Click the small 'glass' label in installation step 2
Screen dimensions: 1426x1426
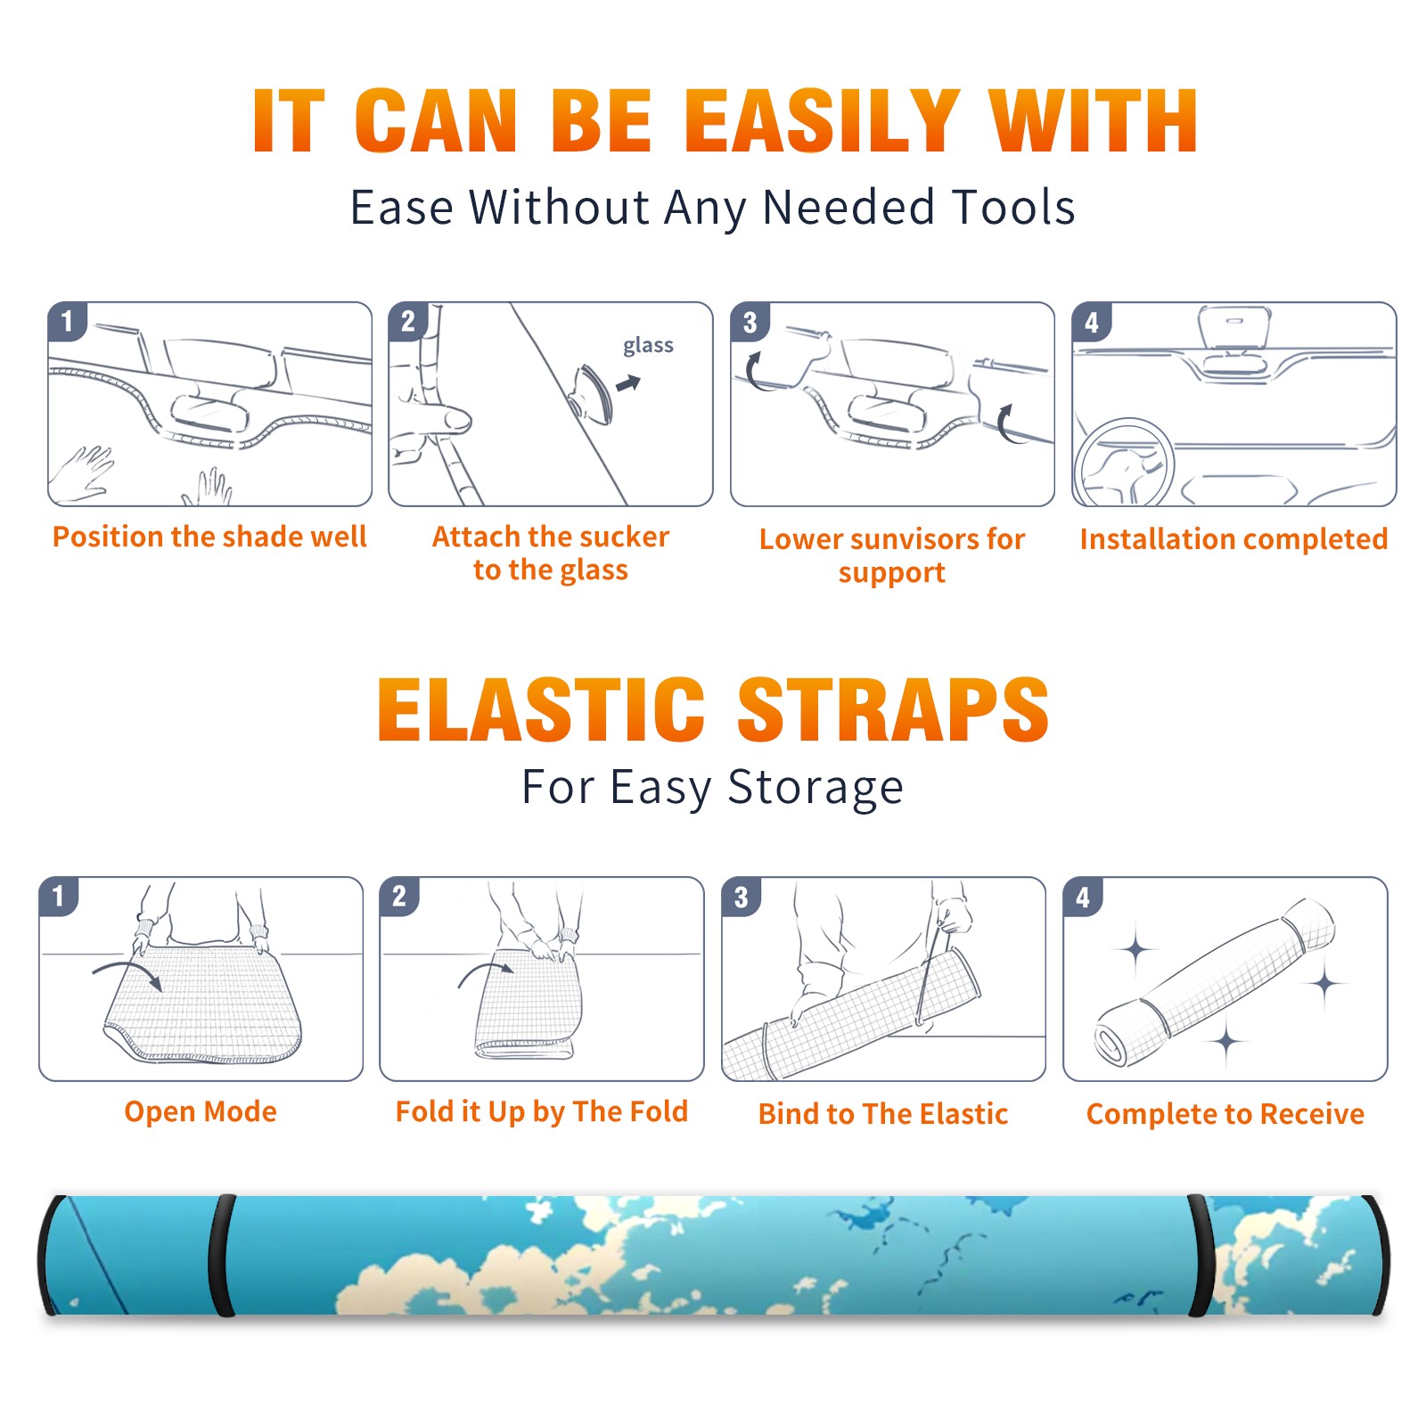(648, 346)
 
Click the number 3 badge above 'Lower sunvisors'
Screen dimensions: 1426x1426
(750, 322)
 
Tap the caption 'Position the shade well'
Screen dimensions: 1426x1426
(209, 537)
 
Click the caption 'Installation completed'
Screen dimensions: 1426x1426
(1233, 539)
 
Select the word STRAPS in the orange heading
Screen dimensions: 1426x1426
(893, 709)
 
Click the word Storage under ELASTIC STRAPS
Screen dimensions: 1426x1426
(815, 788)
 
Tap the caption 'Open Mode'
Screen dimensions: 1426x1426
(201, 1111)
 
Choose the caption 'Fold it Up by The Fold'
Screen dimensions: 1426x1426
(542, 1111)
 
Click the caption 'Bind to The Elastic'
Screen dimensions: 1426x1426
(883, 1114)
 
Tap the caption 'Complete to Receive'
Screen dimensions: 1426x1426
(1225, 1114)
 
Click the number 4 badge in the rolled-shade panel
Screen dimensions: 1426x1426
(1083, 897)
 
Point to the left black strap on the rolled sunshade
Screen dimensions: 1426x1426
(221, 1255)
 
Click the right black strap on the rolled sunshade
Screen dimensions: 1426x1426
(1201, 1255)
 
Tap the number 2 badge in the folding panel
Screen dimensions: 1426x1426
(399, 897)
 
